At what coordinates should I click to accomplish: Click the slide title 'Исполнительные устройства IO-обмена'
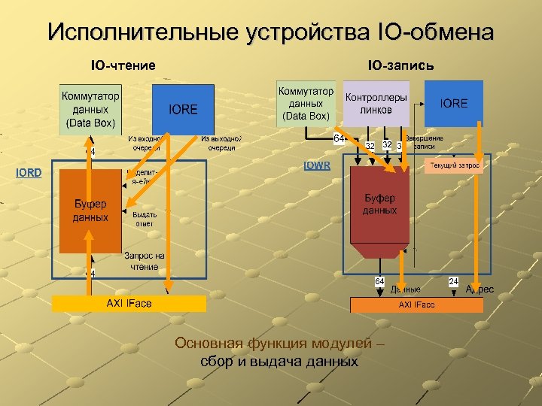click(271, 32)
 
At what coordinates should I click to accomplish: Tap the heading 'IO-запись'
click(400, 65)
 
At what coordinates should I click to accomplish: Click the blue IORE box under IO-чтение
click(183, 110)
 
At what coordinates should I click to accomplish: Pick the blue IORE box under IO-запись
click(453, 103)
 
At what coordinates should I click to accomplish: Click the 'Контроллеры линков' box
click(376, 104)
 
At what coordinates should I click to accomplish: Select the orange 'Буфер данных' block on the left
click(90, 211)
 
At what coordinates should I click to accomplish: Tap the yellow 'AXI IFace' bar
click(129, 303)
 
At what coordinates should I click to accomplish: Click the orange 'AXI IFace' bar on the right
click(416, 304)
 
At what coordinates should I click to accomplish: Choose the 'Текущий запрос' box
click(455, 165)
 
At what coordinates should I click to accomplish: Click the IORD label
click(29, 173)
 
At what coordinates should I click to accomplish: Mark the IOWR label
click(316, 165)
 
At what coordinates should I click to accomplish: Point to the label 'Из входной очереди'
click(143, 143)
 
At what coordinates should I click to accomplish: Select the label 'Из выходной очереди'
click(221, 143)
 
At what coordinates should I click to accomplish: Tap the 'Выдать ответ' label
click(144, 218)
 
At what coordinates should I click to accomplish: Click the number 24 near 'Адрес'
click(454, 280)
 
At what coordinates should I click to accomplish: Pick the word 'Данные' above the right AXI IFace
click(406, 289)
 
